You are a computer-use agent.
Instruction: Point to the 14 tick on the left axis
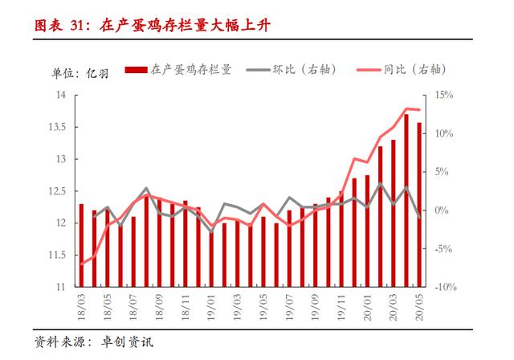point(59,95)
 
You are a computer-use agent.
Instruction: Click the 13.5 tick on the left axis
point(56,127)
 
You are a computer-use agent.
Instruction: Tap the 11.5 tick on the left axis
point(56,255)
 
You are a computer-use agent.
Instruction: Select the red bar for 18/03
point(81,245)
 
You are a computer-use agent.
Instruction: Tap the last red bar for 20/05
point(419,204)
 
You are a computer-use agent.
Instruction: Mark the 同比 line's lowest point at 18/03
point(81,264)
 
